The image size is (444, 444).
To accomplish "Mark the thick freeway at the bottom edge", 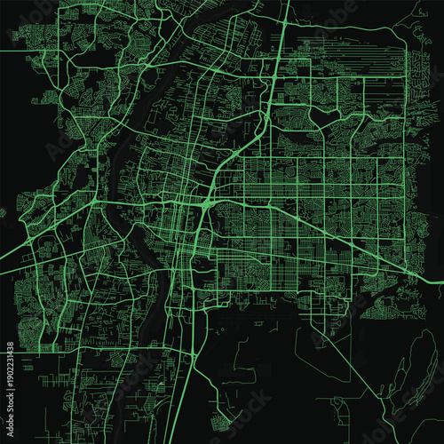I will [x=188, y=440].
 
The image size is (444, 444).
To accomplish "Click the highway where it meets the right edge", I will [x=440, y=282].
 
